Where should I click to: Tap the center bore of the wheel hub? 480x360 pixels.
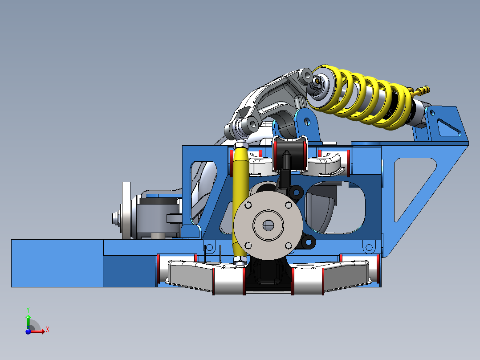click(x=268, y=225)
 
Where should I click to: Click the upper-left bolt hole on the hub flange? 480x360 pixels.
click(x=248, y=205)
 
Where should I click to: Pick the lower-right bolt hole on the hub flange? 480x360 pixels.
click(x=288, y=245)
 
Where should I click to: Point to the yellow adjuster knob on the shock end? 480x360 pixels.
click(x=423, y=90)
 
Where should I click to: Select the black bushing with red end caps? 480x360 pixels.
click(x=290, y=154)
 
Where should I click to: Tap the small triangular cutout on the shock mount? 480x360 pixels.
click(x=447, y=127)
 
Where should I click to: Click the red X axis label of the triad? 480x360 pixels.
click(x=47, y=330)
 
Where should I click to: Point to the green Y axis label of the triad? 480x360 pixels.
click(x=28, y=309)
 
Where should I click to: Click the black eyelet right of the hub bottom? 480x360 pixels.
click(x=308, y=243)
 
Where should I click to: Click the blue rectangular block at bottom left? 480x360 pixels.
click(x=57, y=263)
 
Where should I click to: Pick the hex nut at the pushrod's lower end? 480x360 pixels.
click(x=240, y=260)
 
